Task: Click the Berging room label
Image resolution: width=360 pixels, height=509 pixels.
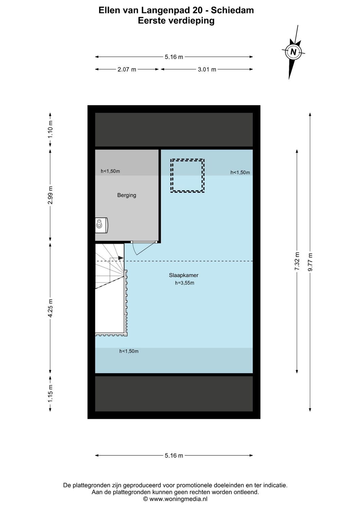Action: [x=127, y=195]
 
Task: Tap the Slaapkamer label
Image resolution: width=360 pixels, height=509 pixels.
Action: [x=184, y=275]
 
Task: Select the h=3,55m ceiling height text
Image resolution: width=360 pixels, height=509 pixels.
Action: [x=185, y=283]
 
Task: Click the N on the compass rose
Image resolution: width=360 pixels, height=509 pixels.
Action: [x=293, y=52]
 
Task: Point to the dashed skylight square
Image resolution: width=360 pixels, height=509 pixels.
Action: [x=187, y=176]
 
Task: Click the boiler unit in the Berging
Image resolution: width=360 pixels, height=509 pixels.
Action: [x=101, y=225]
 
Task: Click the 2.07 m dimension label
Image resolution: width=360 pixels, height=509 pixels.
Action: [x=127, y=70]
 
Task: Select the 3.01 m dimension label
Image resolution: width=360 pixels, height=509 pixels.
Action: [x=207, y=70]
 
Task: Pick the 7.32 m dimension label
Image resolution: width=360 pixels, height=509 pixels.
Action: [x=297, y=261]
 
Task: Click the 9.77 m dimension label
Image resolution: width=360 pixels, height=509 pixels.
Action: [x=310, y=262]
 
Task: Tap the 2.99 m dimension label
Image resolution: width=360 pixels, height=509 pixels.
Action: [x=50, y=195]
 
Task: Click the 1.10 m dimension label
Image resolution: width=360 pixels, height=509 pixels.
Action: [x=50, y=129]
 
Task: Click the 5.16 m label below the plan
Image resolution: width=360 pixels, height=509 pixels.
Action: [x=174, y=455]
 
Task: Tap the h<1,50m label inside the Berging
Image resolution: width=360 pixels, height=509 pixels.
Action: [x=110, y=171]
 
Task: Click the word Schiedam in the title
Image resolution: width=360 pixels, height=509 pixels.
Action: [x=232, y=10]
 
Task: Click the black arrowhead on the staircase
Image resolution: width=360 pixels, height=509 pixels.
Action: [x=121, y=258]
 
